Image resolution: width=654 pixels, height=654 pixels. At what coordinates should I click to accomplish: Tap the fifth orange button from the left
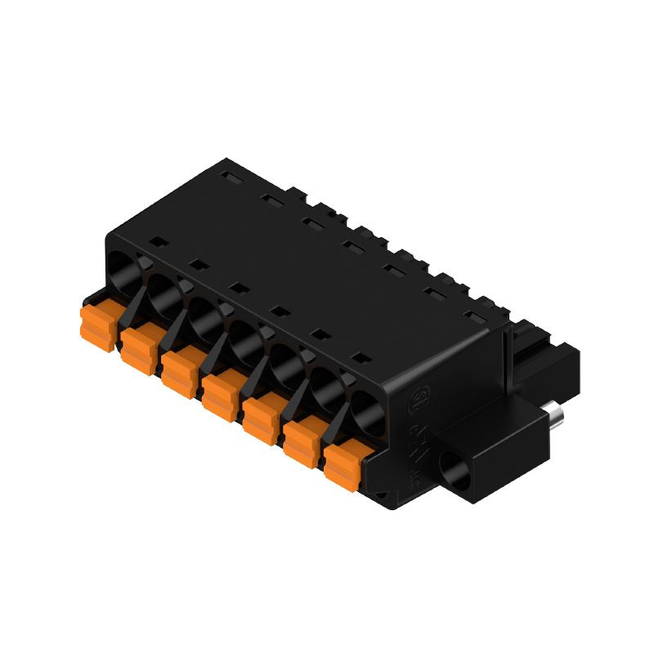261,418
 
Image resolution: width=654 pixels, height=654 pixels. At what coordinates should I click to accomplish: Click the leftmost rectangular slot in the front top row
156,242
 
